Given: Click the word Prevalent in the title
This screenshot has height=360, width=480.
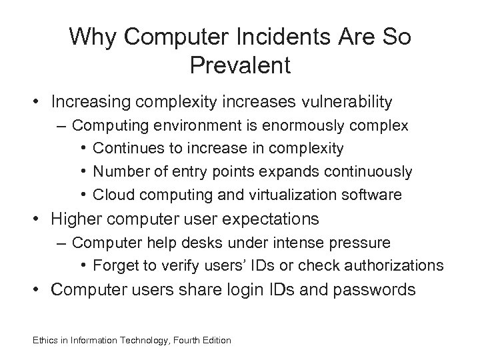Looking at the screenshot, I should pyautogui.click(x=240, y=66).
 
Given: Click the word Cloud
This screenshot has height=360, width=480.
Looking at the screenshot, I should pyautogui.click(x=113, y=195).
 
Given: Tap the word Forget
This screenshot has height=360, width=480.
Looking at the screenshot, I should pyautogui.click(x=114, y=265).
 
